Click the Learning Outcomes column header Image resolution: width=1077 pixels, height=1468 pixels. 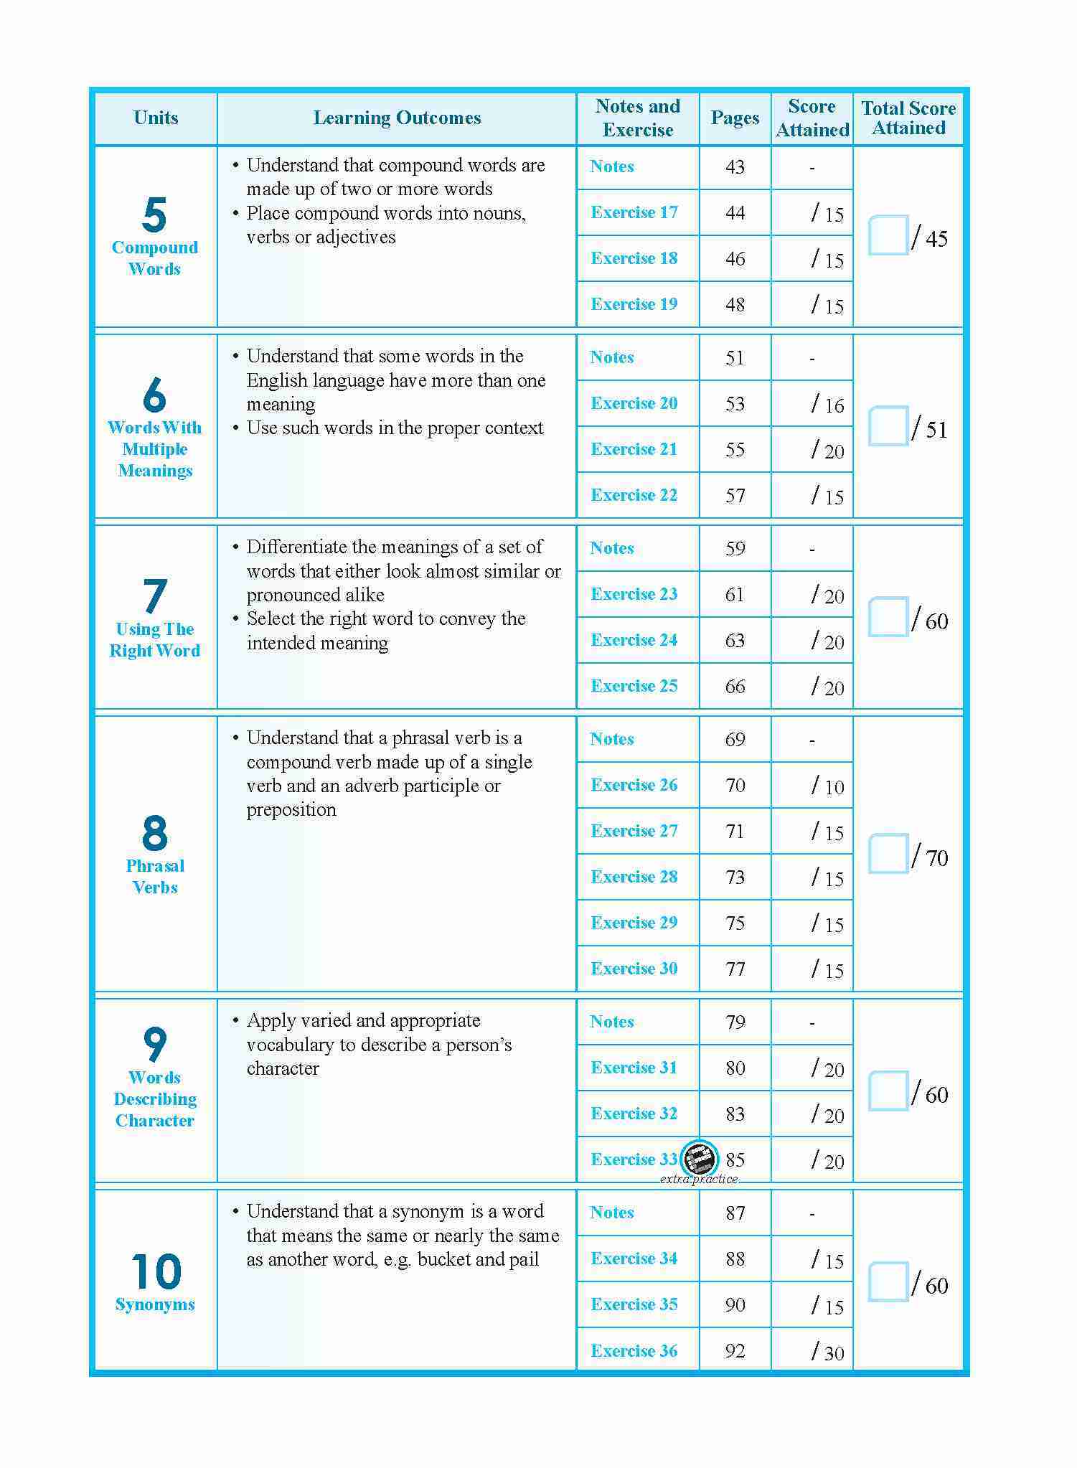(397, 118)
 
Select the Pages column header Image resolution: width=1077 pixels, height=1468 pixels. (735, 118)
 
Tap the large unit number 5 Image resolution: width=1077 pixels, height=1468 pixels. (154, 215)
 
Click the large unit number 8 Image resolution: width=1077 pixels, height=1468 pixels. (154, 833)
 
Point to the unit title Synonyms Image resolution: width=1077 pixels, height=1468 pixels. (155, 1304)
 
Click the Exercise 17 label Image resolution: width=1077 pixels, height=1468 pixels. (634, 212)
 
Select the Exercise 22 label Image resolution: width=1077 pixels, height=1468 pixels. (634, 495)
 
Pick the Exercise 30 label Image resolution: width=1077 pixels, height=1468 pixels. (634, 969)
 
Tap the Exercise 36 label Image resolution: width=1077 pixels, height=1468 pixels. (634, 1351)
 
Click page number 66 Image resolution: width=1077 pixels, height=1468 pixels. (735, 686)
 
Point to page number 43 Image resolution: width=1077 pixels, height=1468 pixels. (735, 167)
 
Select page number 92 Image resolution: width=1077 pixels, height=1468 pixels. (735, 1351)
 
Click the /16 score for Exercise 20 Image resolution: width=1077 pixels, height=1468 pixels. (827, 405)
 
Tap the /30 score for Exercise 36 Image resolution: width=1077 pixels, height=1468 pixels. (827, 1352)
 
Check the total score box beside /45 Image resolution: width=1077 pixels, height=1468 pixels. (888, 235)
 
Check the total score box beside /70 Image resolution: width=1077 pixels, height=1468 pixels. (888, 853)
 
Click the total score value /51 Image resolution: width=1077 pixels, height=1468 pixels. (930, 429)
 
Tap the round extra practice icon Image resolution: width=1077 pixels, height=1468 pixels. (699, 1158)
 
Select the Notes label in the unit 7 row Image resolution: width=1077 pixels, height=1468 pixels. (612, 548)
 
